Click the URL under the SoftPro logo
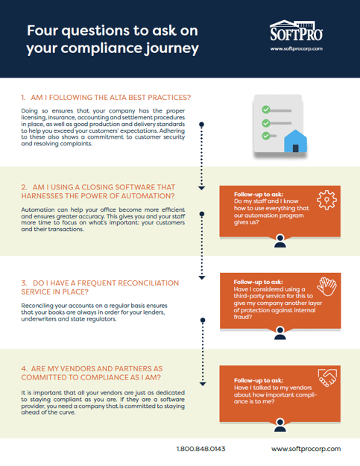tap(295, 49)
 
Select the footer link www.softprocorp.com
tap(306, 449)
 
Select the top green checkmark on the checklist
tap(265, 109)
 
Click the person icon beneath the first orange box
tap(279, 240)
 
